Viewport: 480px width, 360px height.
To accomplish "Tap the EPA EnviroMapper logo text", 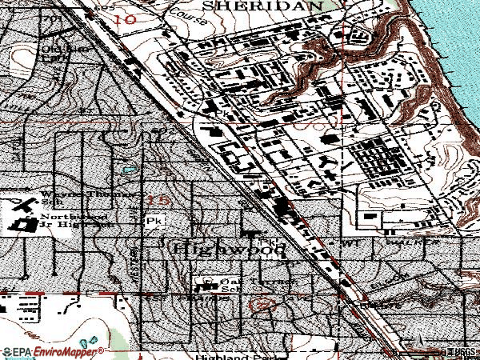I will pyautogui.click(x=52, y=352).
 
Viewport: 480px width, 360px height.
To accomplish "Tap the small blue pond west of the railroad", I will pyautogui.click(x=129, y=170).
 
